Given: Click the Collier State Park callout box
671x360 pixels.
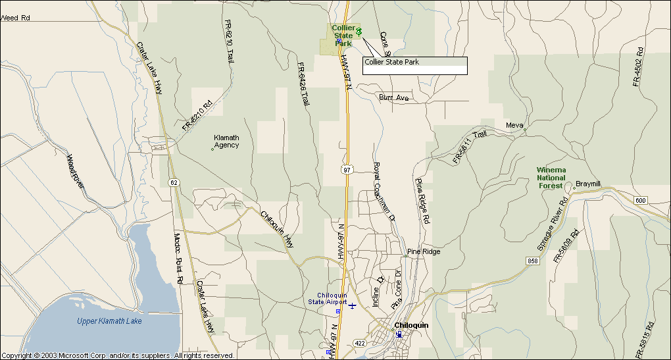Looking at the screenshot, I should coord(414,66).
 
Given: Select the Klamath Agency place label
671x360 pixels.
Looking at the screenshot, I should coord(226,141).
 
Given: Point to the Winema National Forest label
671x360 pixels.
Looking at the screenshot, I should coord(551,178).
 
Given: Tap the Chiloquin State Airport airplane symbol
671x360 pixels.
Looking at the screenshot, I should coord(353,305).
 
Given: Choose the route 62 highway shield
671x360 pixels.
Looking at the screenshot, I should coord(173,182).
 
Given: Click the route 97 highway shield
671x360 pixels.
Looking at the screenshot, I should coord(347,170).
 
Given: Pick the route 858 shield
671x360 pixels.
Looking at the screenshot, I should coord(532,261).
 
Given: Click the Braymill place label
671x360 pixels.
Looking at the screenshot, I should coord(588,184).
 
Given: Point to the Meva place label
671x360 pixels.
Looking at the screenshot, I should coord(514,125).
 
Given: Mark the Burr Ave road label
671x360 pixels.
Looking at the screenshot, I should coord(393,97).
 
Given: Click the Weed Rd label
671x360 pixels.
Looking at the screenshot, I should coord(16,18).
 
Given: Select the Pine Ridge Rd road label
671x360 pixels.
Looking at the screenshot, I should coord(422,199).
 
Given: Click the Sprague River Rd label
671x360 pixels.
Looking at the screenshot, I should coord(551,224).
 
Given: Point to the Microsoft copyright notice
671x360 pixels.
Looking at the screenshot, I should coord(118,355).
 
